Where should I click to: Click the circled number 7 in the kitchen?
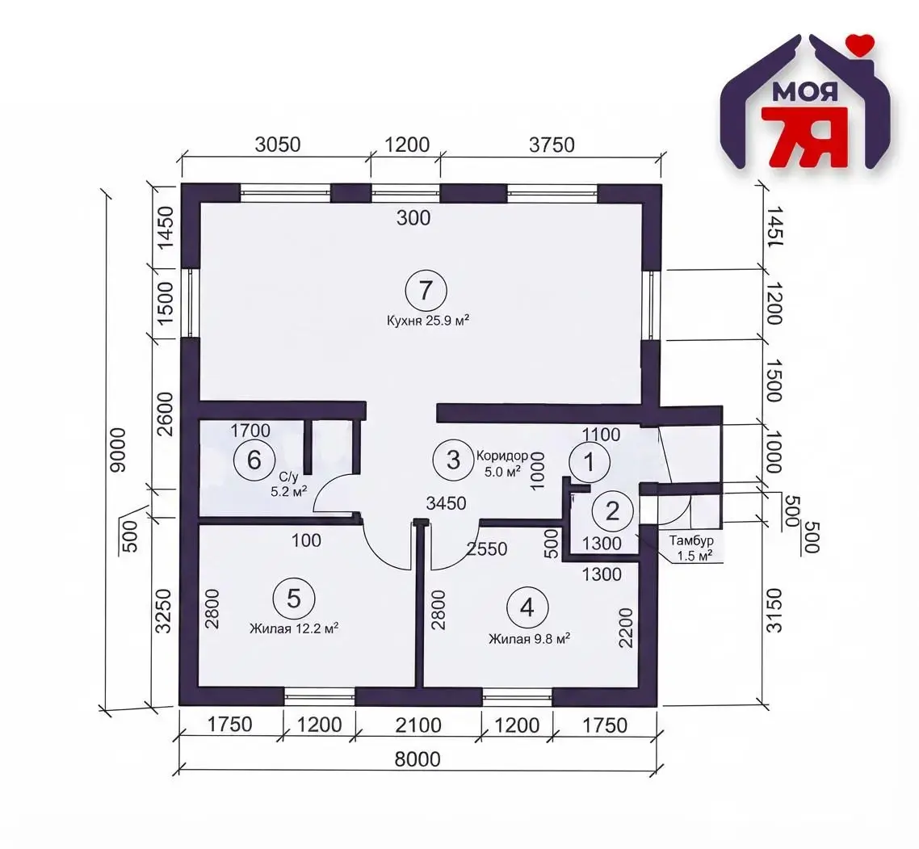[x=426, y=290]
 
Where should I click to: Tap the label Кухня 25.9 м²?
[x=428, y=321]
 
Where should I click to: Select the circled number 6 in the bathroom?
[x=254, y=460]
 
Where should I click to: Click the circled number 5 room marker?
[x=294, y=599]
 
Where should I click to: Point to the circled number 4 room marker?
[x=527, y=608]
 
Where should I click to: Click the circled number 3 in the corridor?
[x=454, y=460]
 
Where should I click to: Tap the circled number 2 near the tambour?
[x=612, y=511]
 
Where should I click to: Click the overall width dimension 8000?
[x=418, y=760]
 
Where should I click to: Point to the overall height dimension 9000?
[x=118, y=450]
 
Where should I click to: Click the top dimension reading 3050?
[x=277, y=145]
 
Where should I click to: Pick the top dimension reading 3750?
[x=552, y=145]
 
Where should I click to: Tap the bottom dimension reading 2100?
[x=418, y=725]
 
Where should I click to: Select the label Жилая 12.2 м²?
[x=294, y=628]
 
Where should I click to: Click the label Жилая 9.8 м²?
[x=530, y=638]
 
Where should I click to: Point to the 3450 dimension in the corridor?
[x=446, y=503]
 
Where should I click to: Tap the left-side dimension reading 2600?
[x=166, y=414]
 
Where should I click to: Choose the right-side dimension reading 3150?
[x=774, y=611]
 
